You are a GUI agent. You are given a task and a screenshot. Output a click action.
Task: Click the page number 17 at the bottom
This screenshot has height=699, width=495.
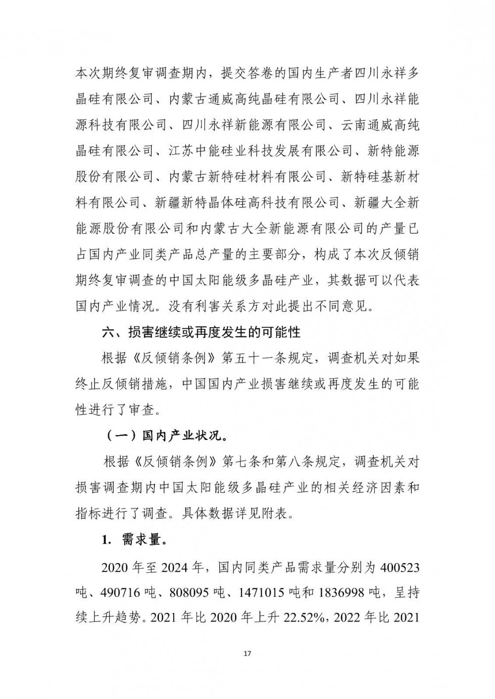[x=248, y=654]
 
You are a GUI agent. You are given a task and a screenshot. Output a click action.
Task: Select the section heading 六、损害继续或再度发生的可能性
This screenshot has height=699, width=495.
[x=201, y=332]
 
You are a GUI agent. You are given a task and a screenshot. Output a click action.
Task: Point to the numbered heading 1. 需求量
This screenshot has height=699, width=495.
[x=134, y=540]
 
